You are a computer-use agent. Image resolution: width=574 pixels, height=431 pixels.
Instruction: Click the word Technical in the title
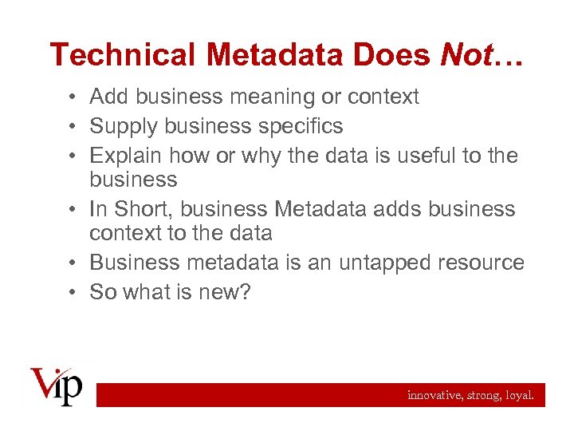tap(121, 55)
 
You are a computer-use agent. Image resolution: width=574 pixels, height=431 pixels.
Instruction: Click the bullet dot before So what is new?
tap(72, 293)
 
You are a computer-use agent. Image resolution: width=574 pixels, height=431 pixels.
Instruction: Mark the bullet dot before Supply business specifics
tap(72, 127)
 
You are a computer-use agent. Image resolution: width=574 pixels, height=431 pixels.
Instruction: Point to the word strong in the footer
tap(483, 395)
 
